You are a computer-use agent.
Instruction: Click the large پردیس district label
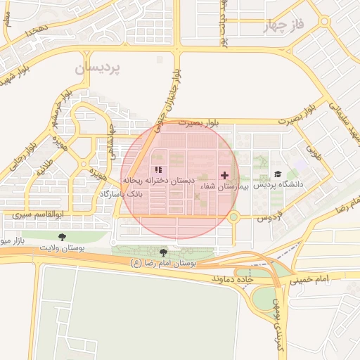(x=98, y=68)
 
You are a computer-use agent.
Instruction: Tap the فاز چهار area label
(x=285, y=27)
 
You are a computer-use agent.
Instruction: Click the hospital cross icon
(x=224, y=174)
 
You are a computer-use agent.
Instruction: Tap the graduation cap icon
(x=277, y=174)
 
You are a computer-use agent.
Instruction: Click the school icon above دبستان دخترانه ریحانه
(x=157, y=169)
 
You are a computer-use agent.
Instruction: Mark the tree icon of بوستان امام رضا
(x=164, y=252)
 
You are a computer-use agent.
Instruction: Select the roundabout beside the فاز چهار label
(x=324, y=21)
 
